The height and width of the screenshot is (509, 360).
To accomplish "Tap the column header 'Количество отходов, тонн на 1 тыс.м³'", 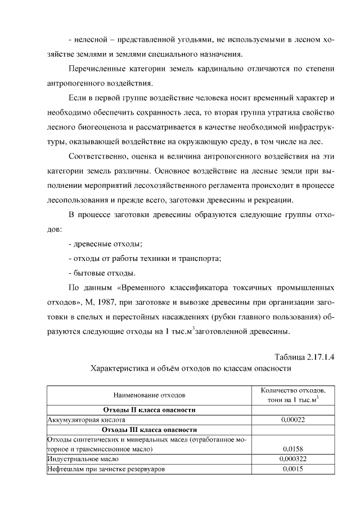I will pos(292,395).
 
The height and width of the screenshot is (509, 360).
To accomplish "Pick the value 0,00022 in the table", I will pos(292,420).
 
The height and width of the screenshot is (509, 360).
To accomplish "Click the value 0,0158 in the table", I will pos(292,449).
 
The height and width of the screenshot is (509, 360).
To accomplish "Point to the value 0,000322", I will pos(292,459).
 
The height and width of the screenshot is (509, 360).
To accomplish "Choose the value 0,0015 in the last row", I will pos(292,469).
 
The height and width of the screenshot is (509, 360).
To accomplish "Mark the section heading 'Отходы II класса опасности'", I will pos(149,410).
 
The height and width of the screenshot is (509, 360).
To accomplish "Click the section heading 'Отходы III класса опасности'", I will pos(149,430).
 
